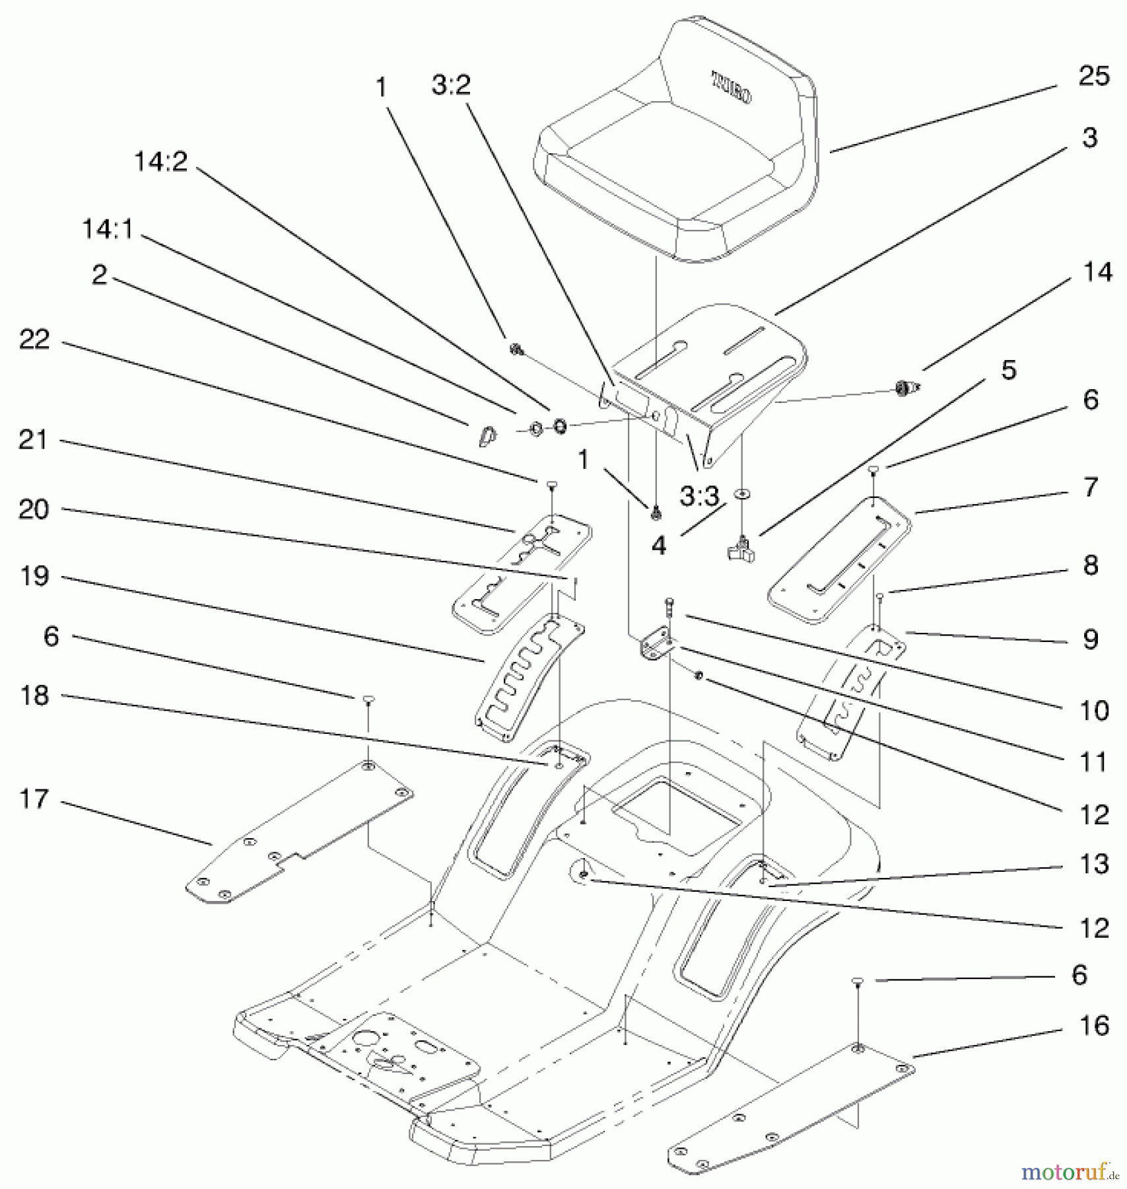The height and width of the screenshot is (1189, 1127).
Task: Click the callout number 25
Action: pos(1093,77)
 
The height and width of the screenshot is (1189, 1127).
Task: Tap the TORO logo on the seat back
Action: pos(731,89)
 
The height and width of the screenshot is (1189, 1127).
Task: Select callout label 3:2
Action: pos(451,85)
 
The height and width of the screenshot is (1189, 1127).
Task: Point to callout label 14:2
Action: pos(160,161)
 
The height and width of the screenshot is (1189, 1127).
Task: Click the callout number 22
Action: pos(34,340)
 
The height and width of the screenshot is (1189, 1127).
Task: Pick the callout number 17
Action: pos(34,799)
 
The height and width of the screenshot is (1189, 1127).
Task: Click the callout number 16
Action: pos(1093,1025)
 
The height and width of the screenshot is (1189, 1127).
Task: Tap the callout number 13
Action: pos(1093,864)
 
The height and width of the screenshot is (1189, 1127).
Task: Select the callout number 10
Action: pos(1093,711)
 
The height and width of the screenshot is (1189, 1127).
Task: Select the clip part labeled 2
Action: pos(487,436)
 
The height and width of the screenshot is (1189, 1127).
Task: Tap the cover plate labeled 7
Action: pos(838,561)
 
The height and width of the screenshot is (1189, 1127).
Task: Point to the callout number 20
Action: pos(34,510)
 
